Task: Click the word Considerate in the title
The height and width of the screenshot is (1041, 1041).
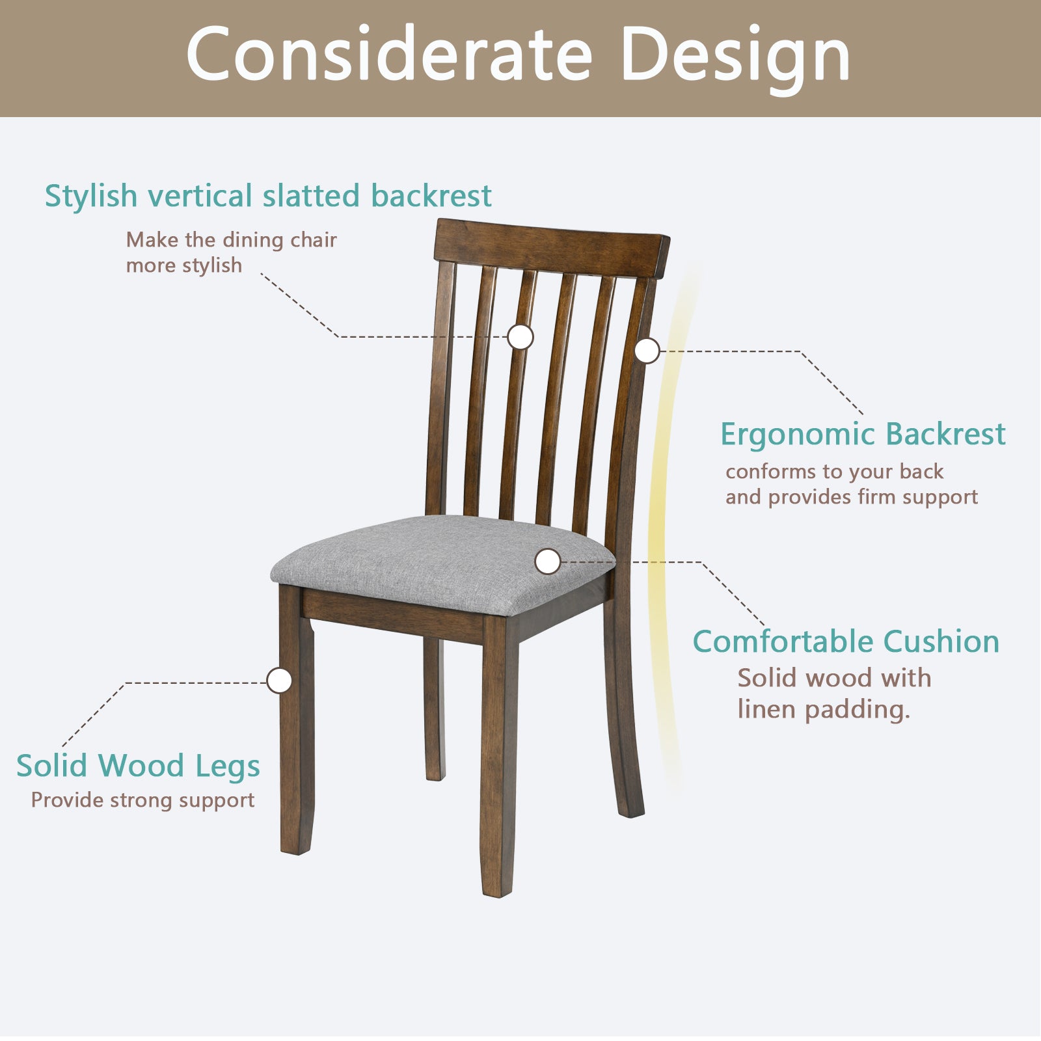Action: [x=388, y=55]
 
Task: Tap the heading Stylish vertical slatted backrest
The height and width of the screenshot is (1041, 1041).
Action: [x=267, y=196]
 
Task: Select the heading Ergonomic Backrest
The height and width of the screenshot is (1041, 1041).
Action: [x=863, y=434]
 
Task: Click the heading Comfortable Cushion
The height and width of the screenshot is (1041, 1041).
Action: [x=846, y=642]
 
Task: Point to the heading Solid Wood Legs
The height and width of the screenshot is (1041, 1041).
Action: [x=138, y=766]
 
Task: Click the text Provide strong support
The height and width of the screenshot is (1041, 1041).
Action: [x=142, y=800]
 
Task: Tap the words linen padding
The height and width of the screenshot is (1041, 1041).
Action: [x=823, y=709]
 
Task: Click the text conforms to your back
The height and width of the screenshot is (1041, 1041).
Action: [x=834, y=471]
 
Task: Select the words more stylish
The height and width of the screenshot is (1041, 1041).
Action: [x=183, y=265]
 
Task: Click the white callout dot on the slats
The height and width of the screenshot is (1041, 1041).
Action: [x=520, y=337]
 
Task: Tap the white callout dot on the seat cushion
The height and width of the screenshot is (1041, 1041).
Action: [x=548, y=561]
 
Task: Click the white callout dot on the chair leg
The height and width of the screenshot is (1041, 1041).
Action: [x=280, y=681]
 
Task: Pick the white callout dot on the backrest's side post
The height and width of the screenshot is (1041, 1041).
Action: [x=647, y=351]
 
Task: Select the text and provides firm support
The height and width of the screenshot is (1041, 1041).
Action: [x=851, y=497]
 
